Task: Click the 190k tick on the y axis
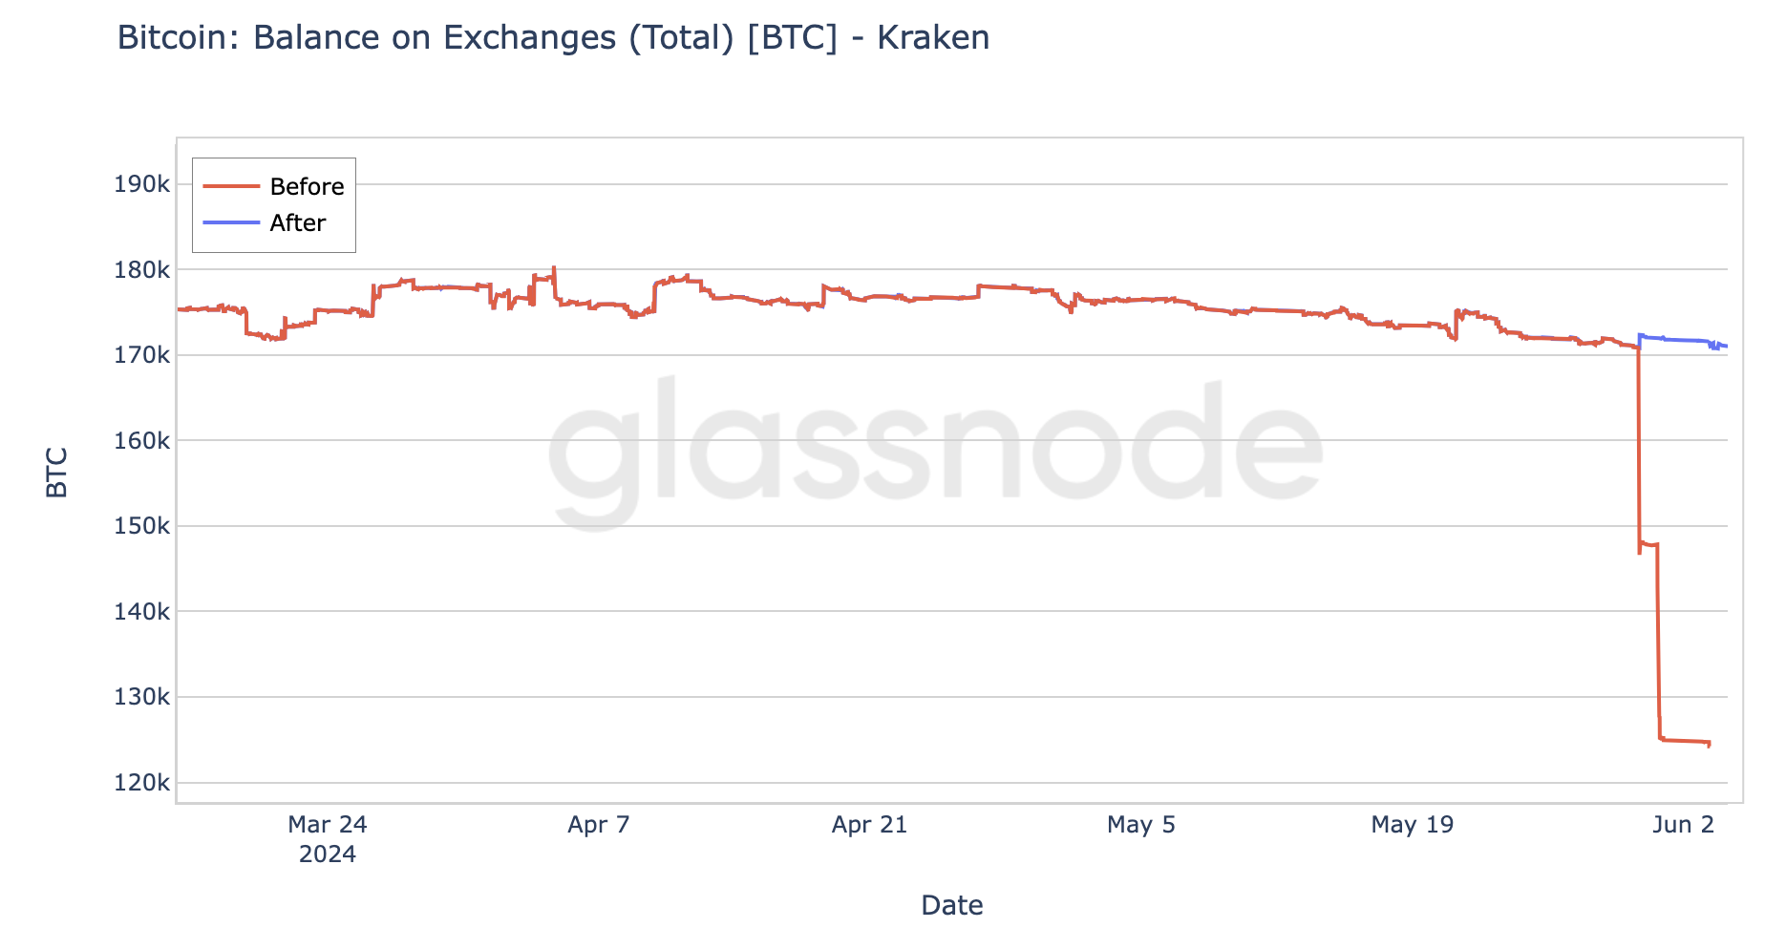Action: click(141, 184)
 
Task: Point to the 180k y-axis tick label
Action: click(141, 270)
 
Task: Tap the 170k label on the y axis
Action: click(141, 355)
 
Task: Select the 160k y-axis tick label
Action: click(141, 441)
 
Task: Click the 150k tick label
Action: click(141, 526)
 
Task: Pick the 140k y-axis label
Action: click(141, 612)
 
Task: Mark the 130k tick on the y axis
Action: click(141, 697)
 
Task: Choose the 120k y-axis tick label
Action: click(141, 783)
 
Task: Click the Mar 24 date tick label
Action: click(328, 824)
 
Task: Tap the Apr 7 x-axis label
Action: click(599, 824)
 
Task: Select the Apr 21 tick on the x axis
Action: click(869, 824)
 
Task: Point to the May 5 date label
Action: click(1141, 824)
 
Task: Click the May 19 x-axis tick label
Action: click(1413, 824)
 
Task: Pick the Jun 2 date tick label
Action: click(1684, 824)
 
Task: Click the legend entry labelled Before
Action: click(307, 186)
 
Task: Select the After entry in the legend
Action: click(297, 222)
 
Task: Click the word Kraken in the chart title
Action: click(933, 37)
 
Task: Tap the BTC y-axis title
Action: click(57, 472)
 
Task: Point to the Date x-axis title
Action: click(952, 904)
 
